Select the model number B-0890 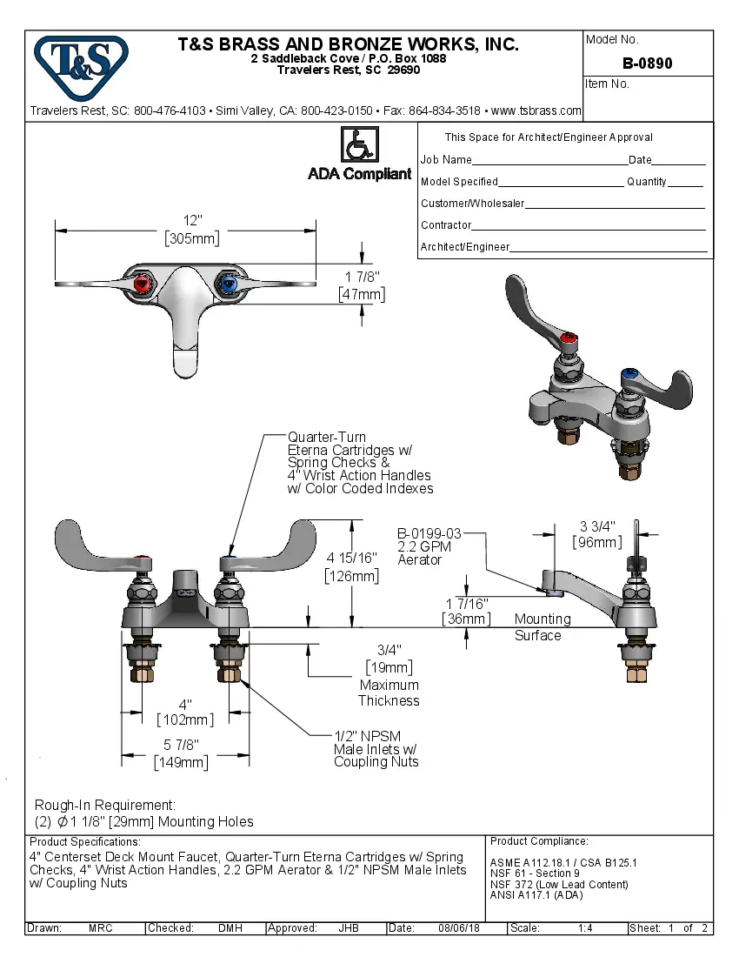[647, 64]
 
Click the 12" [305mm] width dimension [192, 230]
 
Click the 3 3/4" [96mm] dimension [597, 534]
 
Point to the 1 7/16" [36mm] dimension [466, 611]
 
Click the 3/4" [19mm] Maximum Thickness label [389, 675]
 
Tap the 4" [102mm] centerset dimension [184, 712]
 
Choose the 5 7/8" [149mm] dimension [183, 753]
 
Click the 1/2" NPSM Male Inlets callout [376, 748]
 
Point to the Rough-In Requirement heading [105, 805]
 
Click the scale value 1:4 [585, 928]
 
